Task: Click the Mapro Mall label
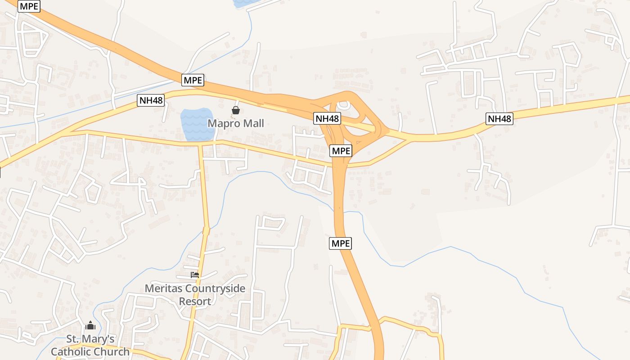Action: [x=235, y=123]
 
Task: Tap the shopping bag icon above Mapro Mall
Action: [x=235, y=110]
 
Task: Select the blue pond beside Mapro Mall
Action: [x=197, y=124]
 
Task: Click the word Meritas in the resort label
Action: [x=163, y=288]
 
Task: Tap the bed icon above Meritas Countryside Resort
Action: [x=195, y=274]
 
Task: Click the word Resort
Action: [x=195, y=301]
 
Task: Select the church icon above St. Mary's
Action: [x=90, y=325]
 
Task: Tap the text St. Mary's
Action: [x=90, y=339]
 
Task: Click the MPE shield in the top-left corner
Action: [x=29, y=6]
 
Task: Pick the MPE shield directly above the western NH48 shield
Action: [x=193, y=81]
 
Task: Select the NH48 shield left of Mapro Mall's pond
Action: [x=151, y=100]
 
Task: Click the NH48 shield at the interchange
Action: [x=327, y=119]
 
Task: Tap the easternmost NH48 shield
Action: [x=499, y=119]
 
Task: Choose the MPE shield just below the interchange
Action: [x=341, y=151]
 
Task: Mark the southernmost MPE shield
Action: [x=341, y=243]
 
